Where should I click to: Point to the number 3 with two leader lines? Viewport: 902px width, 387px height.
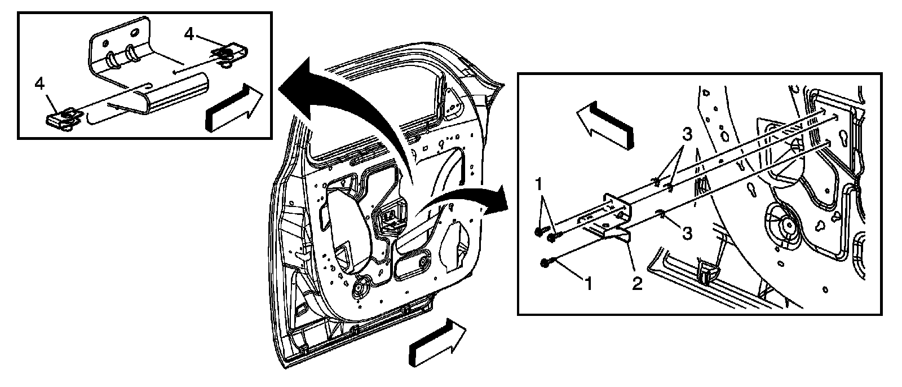point(687,135)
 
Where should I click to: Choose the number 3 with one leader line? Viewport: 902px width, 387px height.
point(687,232)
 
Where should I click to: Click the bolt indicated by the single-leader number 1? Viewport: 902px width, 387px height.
point(545,262)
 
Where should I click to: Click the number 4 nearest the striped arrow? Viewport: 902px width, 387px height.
point(189,35)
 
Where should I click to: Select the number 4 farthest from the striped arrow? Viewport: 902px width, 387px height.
point(39,83)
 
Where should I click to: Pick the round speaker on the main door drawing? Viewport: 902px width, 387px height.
point(359,291)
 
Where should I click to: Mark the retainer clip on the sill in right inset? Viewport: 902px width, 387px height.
point(707,272)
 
